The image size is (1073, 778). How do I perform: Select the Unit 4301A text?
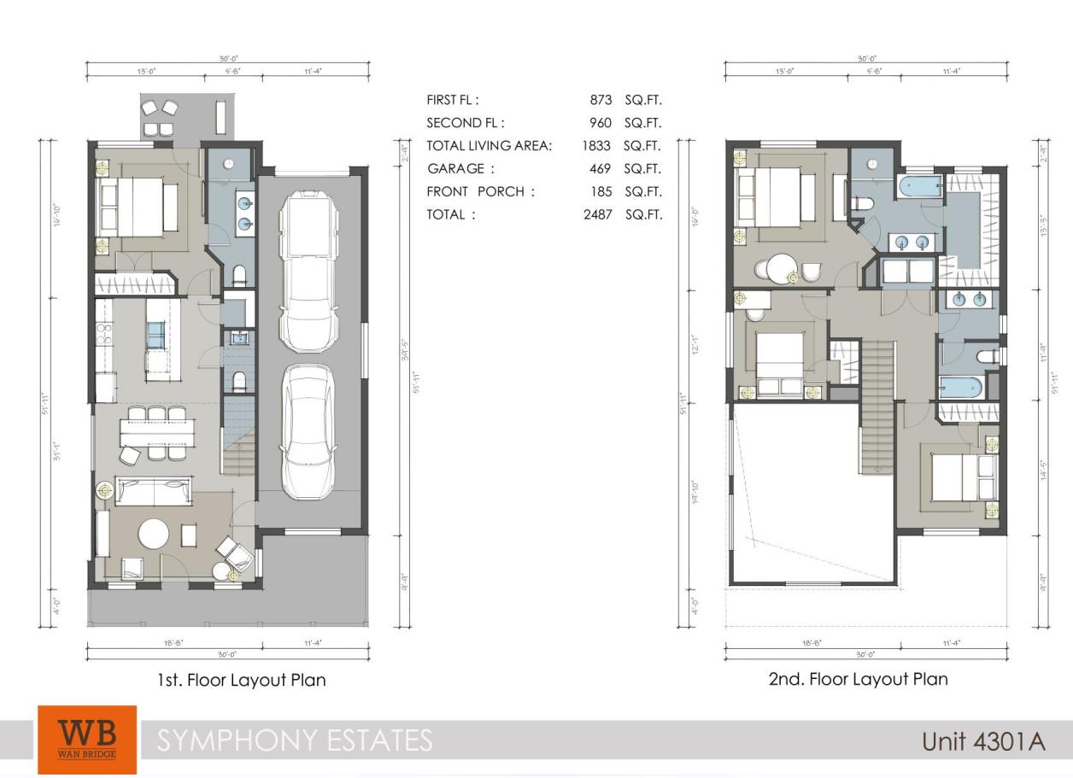pyautogui.click(x=983, y=740)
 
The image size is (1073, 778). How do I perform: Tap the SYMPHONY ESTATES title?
pyautogui.click(x=295, y=740)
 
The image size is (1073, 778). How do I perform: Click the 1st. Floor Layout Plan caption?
pyautogui.click(x=241, y=681)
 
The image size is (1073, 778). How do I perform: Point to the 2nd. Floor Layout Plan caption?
pyautogui.click(x=858, y=679)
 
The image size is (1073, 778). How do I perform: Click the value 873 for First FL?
pyautogui.click(x=601, y=100)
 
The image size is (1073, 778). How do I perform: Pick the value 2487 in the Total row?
pyautogui.click(x=595, y=214)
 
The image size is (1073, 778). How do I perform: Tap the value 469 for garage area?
pyautogui.click(x=601, y=169)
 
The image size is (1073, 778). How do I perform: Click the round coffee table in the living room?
pyautogui.click(x=155, y=535)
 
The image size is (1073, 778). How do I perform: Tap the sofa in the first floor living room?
pyautogui.click(x=155, y=491)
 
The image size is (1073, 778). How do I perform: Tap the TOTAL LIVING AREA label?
pyautogui.click(x=489, y=146)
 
